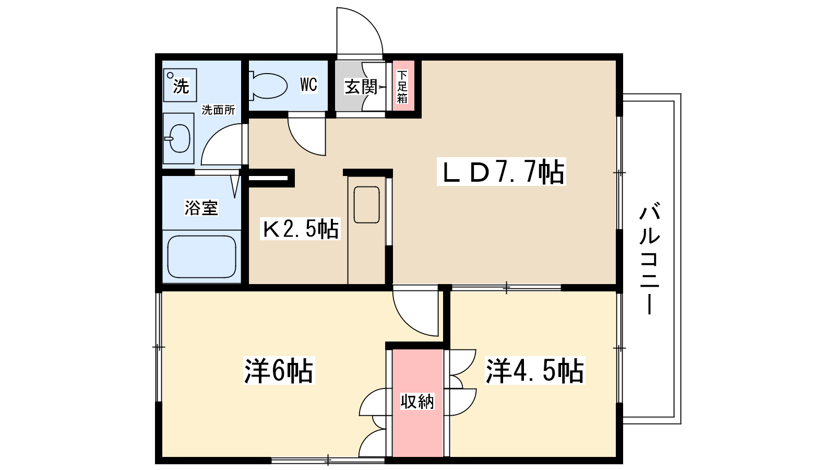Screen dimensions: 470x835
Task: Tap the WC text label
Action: coord(308,85)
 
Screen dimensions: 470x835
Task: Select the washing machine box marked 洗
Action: coord(180,85)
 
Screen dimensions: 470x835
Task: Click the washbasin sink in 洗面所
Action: coord(178,138)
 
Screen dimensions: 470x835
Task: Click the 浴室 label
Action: coord(201,208)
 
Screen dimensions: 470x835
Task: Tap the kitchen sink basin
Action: coord(366,205)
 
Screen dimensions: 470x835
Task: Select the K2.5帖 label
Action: coord(300,229)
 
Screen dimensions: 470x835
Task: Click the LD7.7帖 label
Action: coord(502,172)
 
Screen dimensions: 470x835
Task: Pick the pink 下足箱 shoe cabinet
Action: coord(402,87)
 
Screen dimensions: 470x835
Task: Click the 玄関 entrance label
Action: coord(361,87)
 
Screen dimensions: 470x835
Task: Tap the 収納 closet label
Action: coord(417,402)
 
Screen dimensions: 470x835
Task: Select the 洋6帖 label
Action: coord(279,371)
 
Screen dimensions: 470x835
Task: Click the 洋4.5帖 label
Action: coord(534,371)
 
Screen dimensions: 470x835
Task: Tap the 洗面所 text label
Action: coord(218,110)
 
